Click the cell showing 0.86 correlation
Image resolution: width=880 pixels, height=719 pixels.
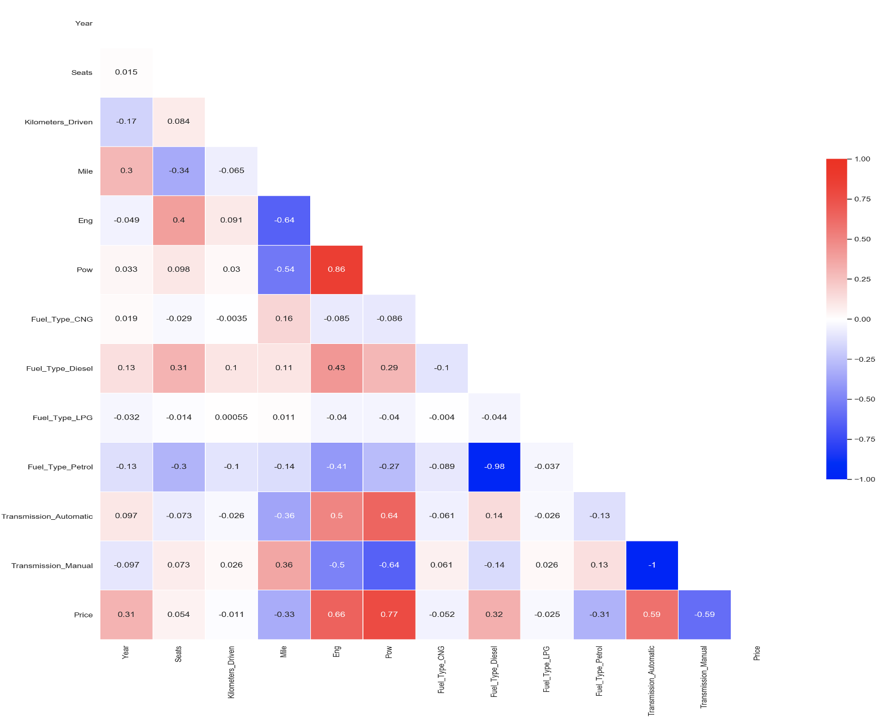coord(336,270)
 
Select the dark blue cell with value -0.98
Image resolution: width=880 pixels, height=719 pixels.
coord(494,467)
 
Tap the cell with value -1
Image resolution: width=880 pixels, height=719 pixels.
coord(652,565)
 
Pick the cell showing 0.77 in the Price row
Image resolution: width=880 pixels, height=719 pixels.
coord(389,615)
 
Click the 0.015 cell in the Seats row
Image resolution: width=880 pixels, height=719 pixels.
coord(126,72)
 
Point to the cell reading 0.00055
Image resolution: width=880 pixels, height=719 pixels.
coord(231,417)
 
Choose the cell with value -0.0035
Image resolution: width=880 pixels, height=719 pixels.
coord(231,319)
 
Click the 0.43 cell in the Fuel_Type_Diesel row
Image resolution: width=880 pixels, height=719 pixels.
coord(336,368)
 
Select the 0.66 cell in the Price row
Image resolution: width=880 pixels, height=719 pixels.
coord(336,615)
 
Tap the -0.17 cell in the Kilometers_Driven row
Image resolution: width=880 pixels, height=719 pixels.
coord(126,121)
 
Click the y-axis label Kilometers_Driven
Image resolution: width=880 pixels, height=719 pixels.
coord(58,122)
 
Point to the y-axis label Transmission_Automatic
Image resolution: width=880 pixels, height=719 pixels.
coord(47,517)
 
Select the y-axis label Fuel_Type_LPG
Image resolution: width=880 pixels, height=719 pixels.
coord(62,418)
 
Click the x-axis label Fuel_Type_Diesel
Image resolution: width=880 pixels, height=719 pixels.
coord(494,671)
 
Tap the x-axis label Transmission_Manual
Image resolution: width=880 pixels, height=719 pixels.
coord(704,677)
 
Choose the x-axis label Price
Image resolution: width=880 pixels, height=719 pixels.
coord(756,653)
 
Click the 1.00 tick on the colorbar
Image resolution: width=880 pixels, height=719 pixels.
coord(862,159)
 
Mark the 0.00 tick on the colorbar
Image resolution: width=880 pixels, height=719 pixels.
coord(862,320)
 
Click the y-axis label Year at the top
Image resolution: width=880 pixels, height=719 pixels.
coord(84,23)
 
